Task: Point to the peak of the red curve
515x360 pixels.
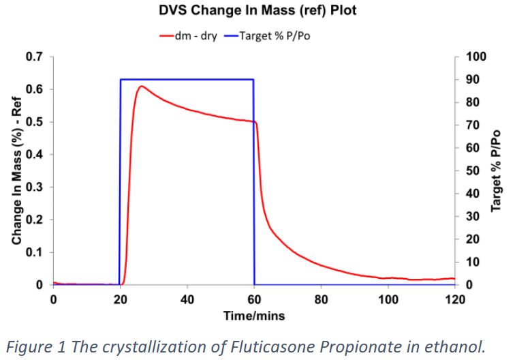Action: click(140, 87)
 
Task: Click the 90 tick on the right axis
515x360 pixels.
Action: click(468, 80)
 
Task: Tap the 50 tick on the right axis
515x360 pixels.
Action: click(468, 170)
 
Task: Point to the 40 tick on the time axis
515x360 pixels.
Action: click(187, 299)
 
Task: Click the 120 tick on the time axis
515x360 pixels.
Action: click(454, 299)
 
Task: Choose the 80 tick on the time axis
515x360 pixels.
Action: click(321, 299)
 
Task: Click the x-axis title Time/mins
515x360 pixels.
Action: click(253, 315)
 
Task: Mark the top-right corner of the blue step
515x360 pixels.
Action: click(254, 80)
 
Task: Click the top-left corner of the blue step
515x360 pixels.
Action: click(121, 80)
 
